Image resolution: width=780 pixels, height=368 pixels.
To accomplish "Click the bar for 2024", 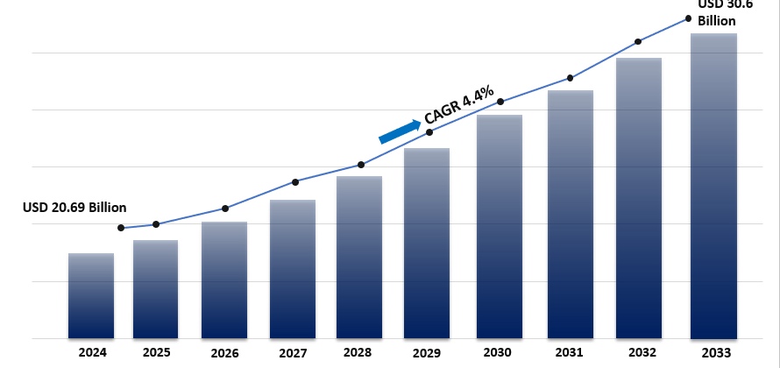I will point(91,296).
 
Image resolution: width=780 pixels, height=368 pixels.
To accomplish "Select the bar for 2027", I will point(293,269).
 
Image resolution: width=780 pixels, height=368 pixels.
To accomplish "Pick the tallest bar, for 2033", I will point(713,186).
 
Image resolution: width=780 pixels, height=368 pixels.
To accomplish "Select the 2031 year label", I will point(570,353).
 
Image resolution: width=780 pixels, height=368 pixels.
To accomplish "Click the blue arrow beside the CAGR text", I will point(400,131).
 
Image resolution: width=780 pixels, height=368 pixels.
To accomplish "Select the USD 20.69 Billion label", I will point(74,208).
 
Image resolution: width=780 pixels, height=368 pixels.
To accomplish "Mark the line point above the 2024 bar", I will point(121,228).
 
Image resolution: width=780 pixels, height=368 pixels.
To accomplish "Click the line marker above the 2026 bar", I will point(225,209).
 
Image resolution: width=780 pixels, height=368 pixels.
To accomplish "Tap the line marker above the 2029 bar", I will point(429,131).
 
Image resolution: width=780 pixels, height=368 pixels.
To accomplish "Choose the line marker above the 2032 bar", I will point(638,41).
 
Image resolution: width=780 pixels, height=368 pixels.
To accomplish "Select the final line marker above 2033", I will point(688,18).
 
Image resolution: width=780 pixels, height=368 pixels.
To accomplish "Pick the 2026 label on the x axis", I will point(224,353).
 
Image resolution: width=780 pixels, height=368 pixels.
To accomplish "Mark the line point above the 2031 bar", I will point(571,78).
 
